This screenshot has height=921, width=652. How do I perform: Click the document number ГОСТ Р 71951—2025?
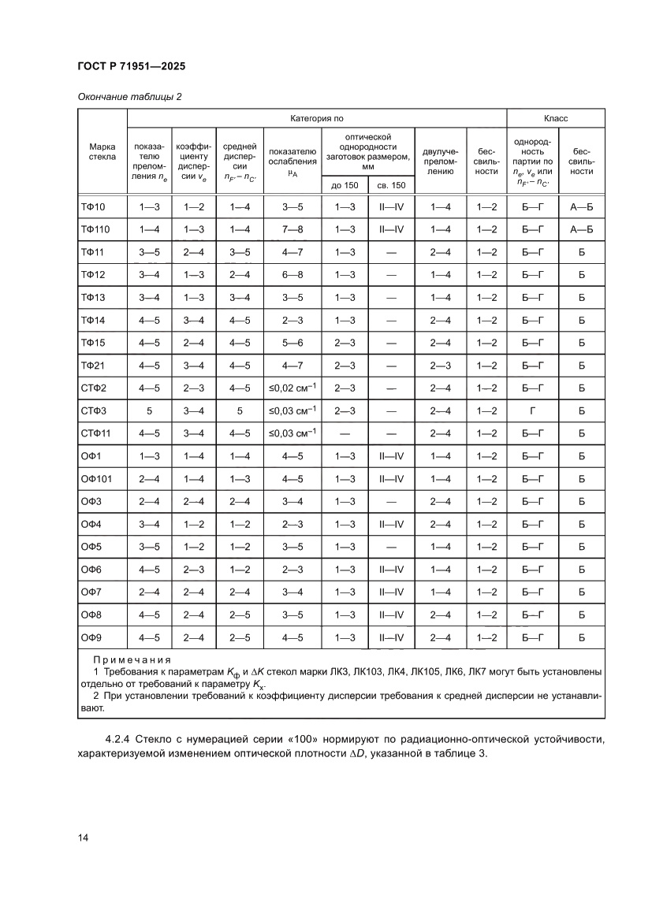(x=131, y=66)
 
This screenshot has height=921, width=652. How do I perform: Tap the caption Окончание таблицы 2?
(x=129, y=97)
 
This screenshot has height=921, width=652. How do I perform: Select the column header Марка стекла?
(x=102, y=151)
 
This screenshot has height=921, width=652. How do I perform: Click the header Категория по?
(x=316, y=118)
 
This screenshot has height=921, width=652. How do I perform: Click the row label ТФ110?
(x=95, y=230)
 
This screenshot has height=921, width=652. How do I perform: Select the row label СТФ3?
(x=94, y=410)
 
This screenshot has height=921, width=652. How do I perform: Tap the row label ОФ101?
(x=95, y=478)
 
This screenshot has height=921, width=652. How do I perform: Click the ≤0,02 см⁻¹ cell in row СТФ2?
(x=292, y=388)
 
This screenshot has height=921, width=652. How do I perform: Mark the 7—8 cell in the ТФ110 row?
(x=292, y=230)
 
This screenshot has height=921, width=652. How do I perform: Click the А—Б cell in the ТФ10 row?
(x=580, y=207)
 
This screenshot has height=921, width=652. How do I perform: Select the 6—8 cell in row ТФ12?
(x=292, y=275)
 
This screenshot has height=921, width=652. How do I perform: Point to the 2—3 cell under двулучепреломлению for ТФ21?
(x=441, y=366)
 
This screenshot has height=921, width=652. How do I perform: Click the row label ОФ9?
(x=91, y=637)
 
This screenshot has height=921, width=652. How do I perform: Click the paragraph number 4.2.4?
(x=118, y=740)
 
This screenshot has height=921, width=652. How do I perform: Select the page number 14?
(x=83, y=837)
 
